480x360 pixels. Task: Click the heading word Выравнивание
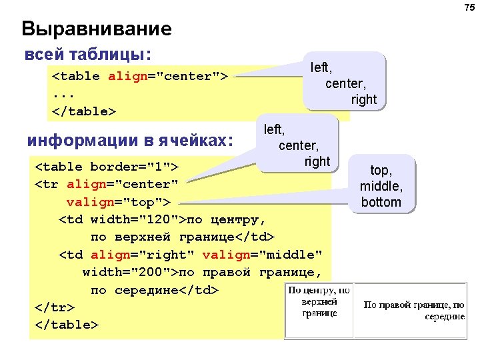[97, 29]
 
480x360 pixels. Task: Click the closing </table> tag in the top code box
[84, 111]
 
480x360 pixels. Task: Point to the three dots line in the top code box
[62, 93]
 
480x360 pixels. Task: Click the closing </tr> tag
[54, 307]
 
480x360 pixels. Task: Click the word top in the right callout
[381, 171]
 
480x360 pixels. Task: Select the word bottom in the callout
[381, 202]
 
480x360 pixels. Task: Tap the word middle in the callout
[381, 187]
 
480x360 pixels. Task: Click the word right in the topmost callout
[364, 99]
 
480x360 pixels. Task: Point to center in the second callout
[299, 145]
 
